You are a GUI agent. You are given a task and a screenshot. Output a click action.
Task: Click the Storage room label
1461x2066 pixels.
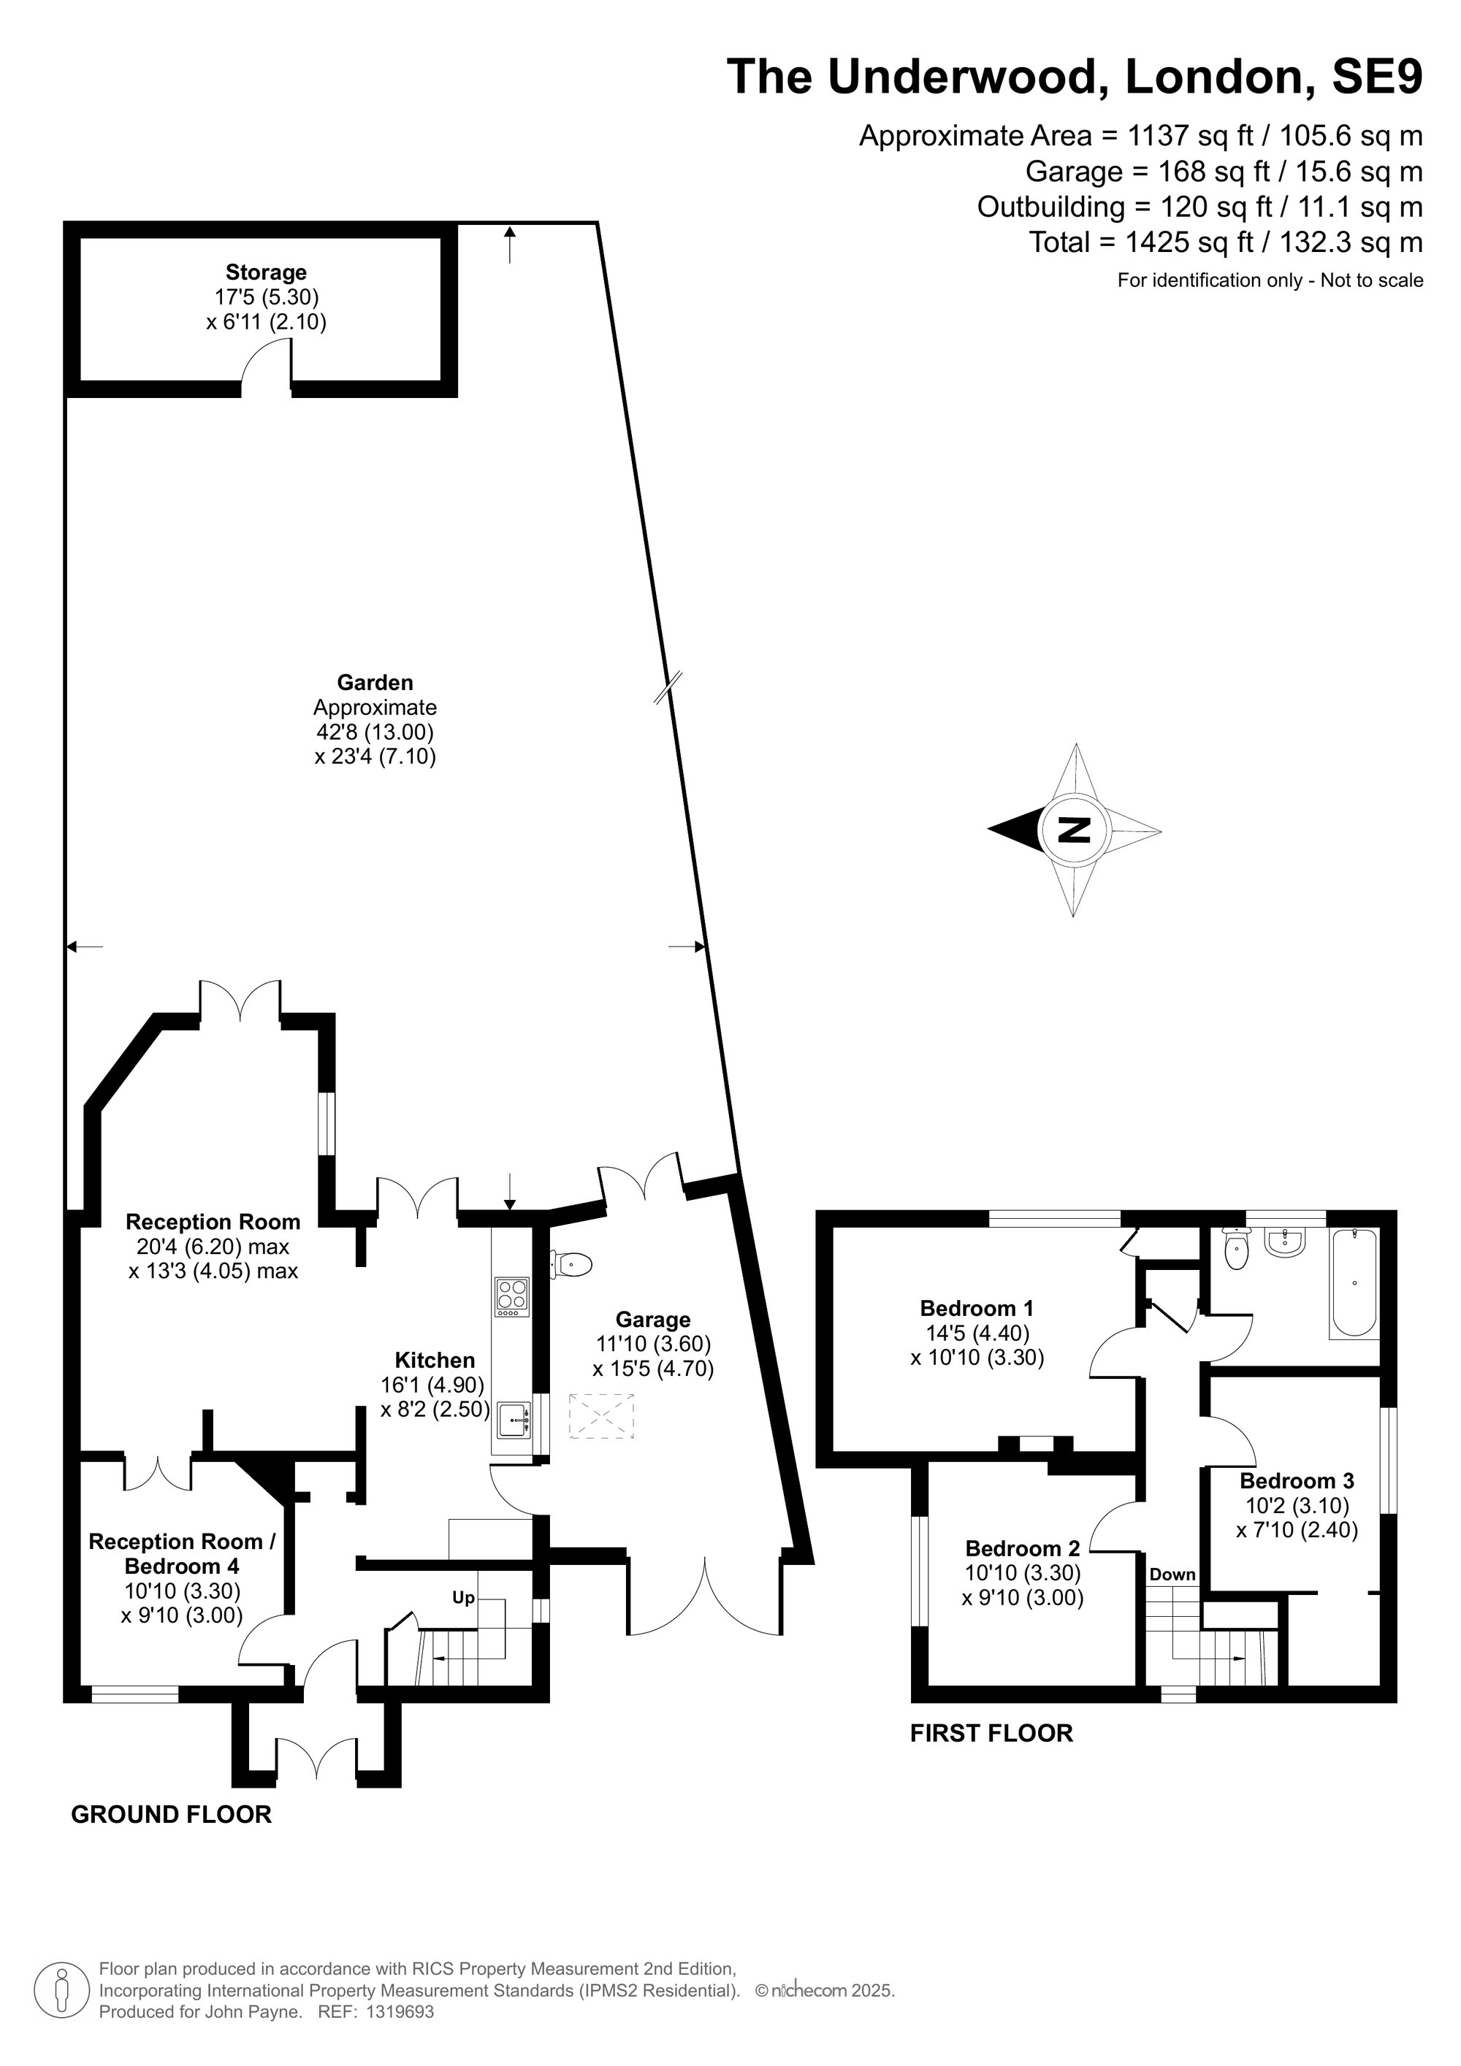(266, 272)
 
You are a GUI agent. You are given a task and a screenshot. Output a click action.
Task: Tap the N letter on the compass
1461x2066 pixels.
(1073, 830)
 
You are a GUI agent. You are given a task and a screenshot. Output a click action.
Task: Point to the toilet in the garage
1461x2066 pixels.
(571, 1264)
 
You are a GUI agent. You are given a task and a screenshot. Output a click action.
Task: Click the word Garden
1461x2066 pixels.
(375, 682)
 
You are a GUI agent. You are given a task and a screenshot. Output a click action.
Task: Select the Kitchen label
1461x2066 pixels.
(435, 1360)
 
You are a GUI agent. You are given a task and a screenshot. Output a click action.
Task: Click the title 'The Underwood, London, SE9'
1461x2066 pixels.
(1075, 76)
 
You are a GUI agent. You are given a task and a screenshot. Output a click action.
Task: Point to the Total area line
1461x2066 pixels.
(1226, 242)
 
